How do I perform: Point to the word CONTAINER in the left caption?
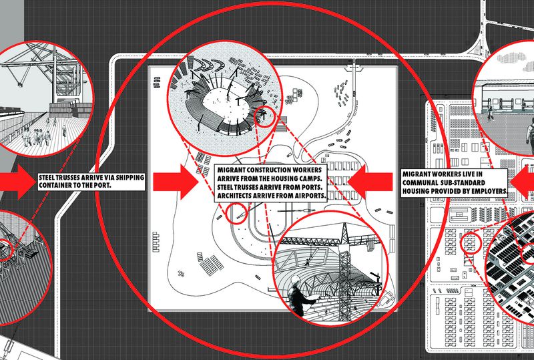pos(55,186)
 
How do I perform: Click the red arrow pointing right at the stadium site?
pos(176,182)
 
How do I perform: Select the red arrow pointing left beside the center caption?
pos(370,182)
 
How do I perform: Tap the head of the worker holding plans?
pos(295,282)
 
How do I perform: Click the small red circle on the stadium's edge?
pos(265,117)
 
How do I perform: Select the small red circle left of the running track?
pos(236,214)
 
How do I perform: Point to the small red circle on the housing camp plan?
pos(471,242)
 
